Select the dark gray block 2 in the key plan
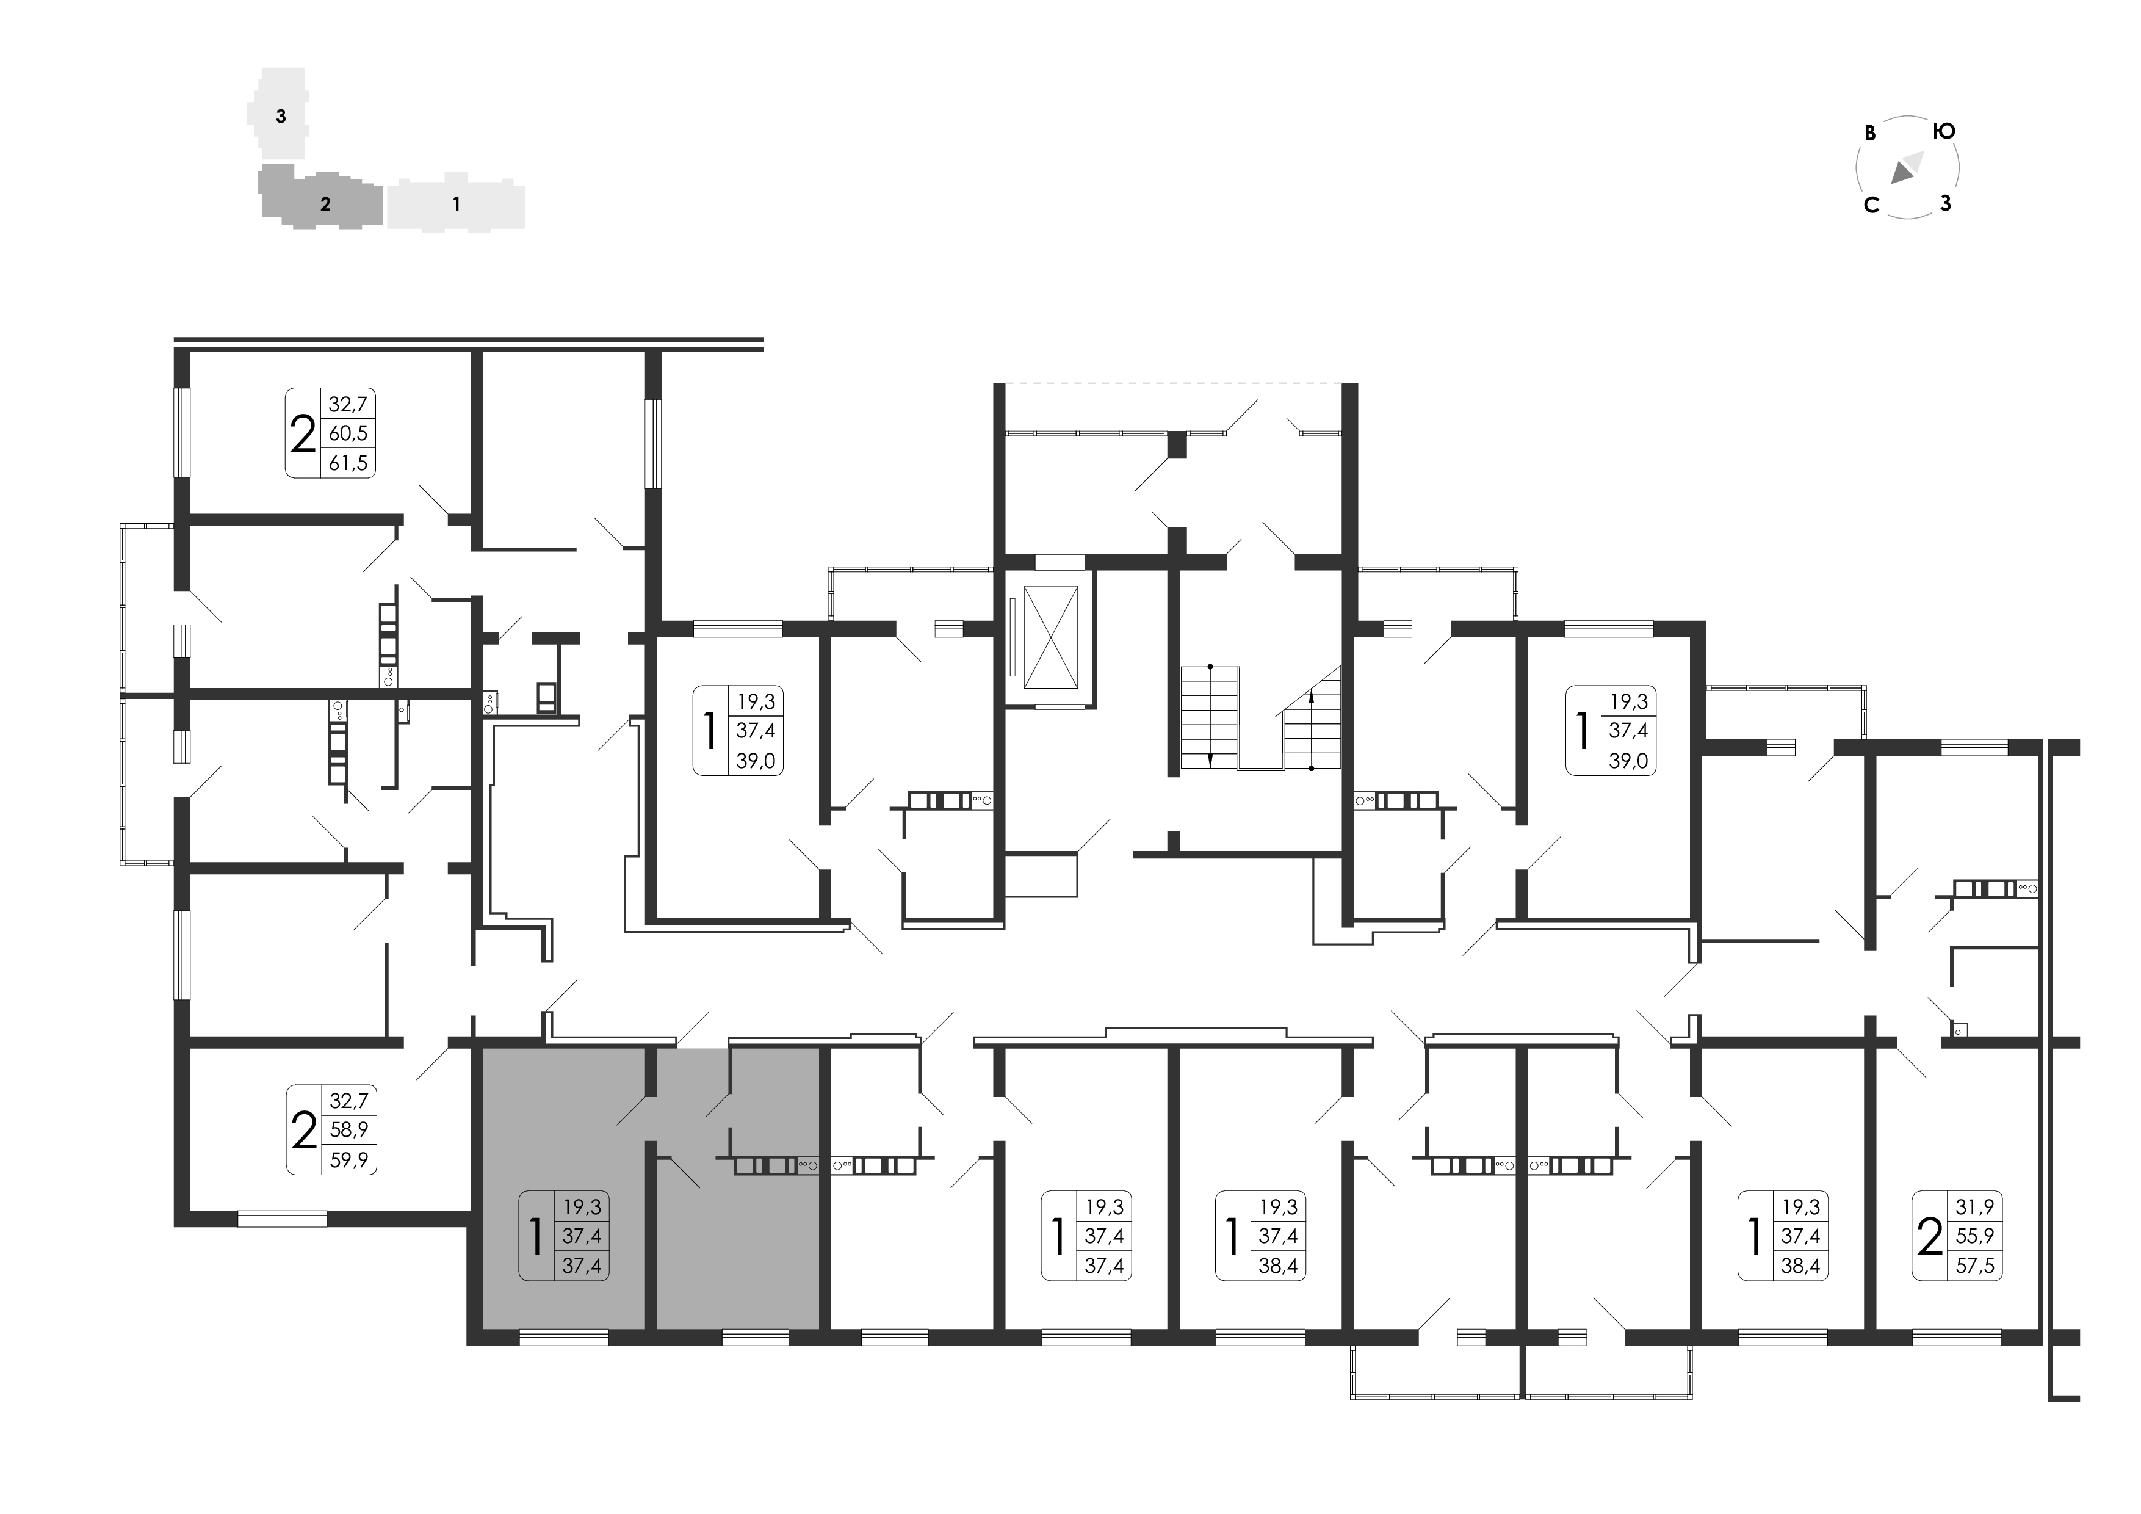[321, 198]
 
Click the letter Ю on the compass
[1943, 131]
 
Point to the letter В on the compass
[1869, 134]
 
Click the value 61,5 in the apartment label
[348, 463]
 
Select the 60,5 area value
[348, 433]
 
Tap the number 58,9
[348, 1129]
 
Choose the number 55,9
[1974, 1237]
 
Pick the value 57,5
[1974, 1267]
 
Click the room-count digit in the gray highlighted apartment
[535, 1236]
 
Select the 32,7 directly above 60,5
[348, 404]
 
